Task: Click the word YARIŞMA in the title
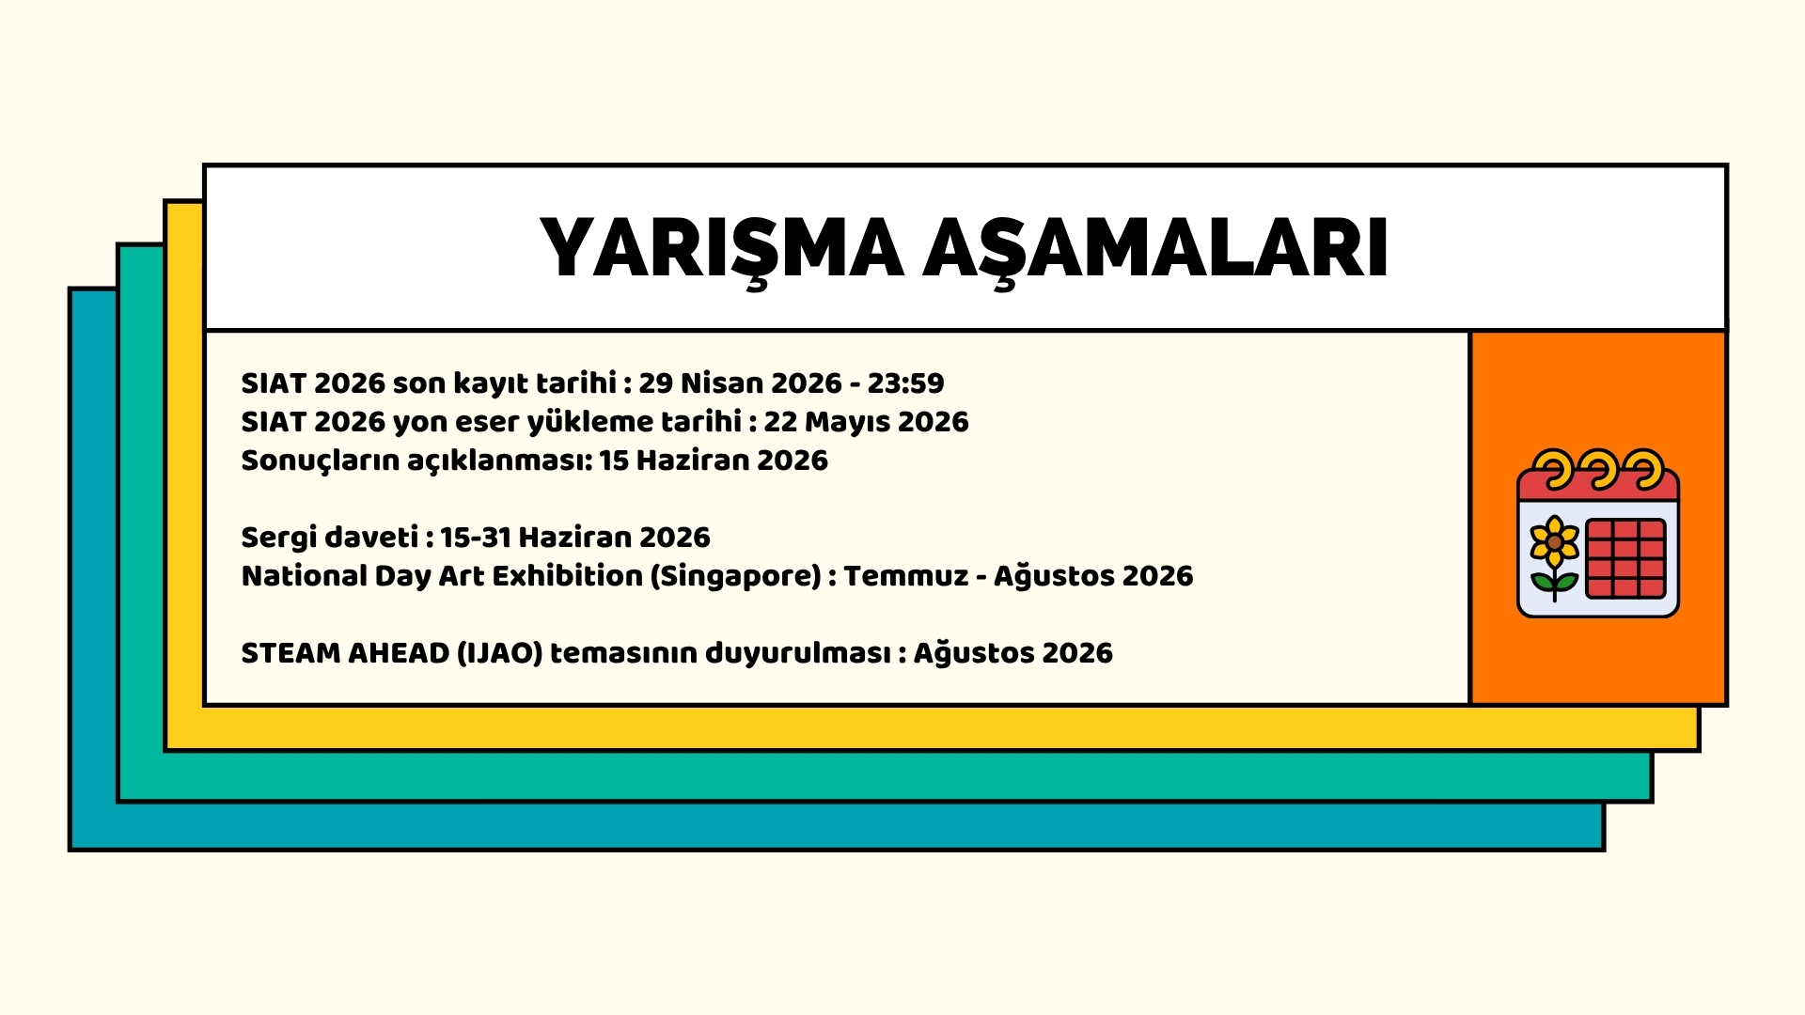pyautogui.click(x=721, y=250)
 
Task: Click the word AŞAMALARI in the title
pyautogui.click(x=1155, y=250)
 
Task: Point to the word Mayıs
pyautogui.click(x=847, y=423)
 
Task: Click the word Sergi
pyautogui.click(x=279, y=539)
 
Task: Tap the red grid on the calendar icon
pyautogui.click(x=1625, y=558)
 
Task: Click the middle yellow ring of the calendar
pyautogui.click(x=1598, y=469)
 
